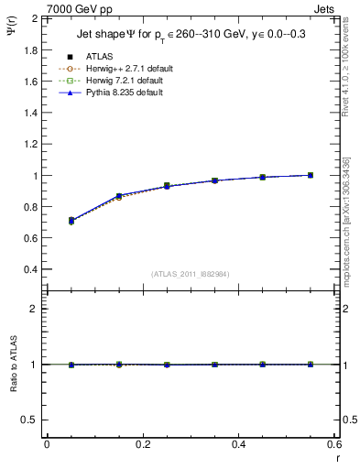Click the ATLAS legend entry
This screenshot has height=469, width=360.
coord(99,57)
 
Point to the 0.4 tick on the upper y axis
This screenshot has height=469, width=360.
coord(30,270)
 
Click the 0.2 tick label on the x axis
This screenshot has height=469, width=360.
coord(143,444)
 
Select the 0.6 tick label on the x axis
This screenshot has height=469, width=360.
coord(334,444)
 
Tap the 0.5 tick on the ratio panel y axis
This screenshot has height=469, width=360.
coord(30,420)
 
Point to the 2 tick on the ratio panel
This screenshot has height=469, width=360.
coord(34,309)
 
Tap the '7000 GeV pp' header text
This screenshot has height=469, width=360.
coord(80,8)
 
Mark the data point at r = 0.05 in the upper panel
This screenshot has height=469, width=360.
coord(71,221)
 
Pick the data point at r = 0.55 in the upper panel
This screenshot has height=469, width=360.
coord(311,175)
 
